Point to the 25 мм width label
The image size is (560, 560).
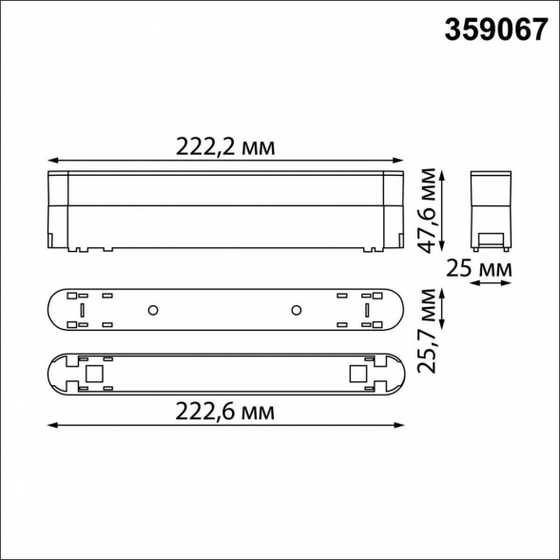[478, 271]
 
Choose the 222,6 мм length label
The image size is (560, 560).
[225, 412]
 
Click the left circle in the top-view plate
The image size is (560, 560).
[151, 310]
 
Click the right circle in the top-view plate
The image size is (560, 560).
[296, 310]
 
